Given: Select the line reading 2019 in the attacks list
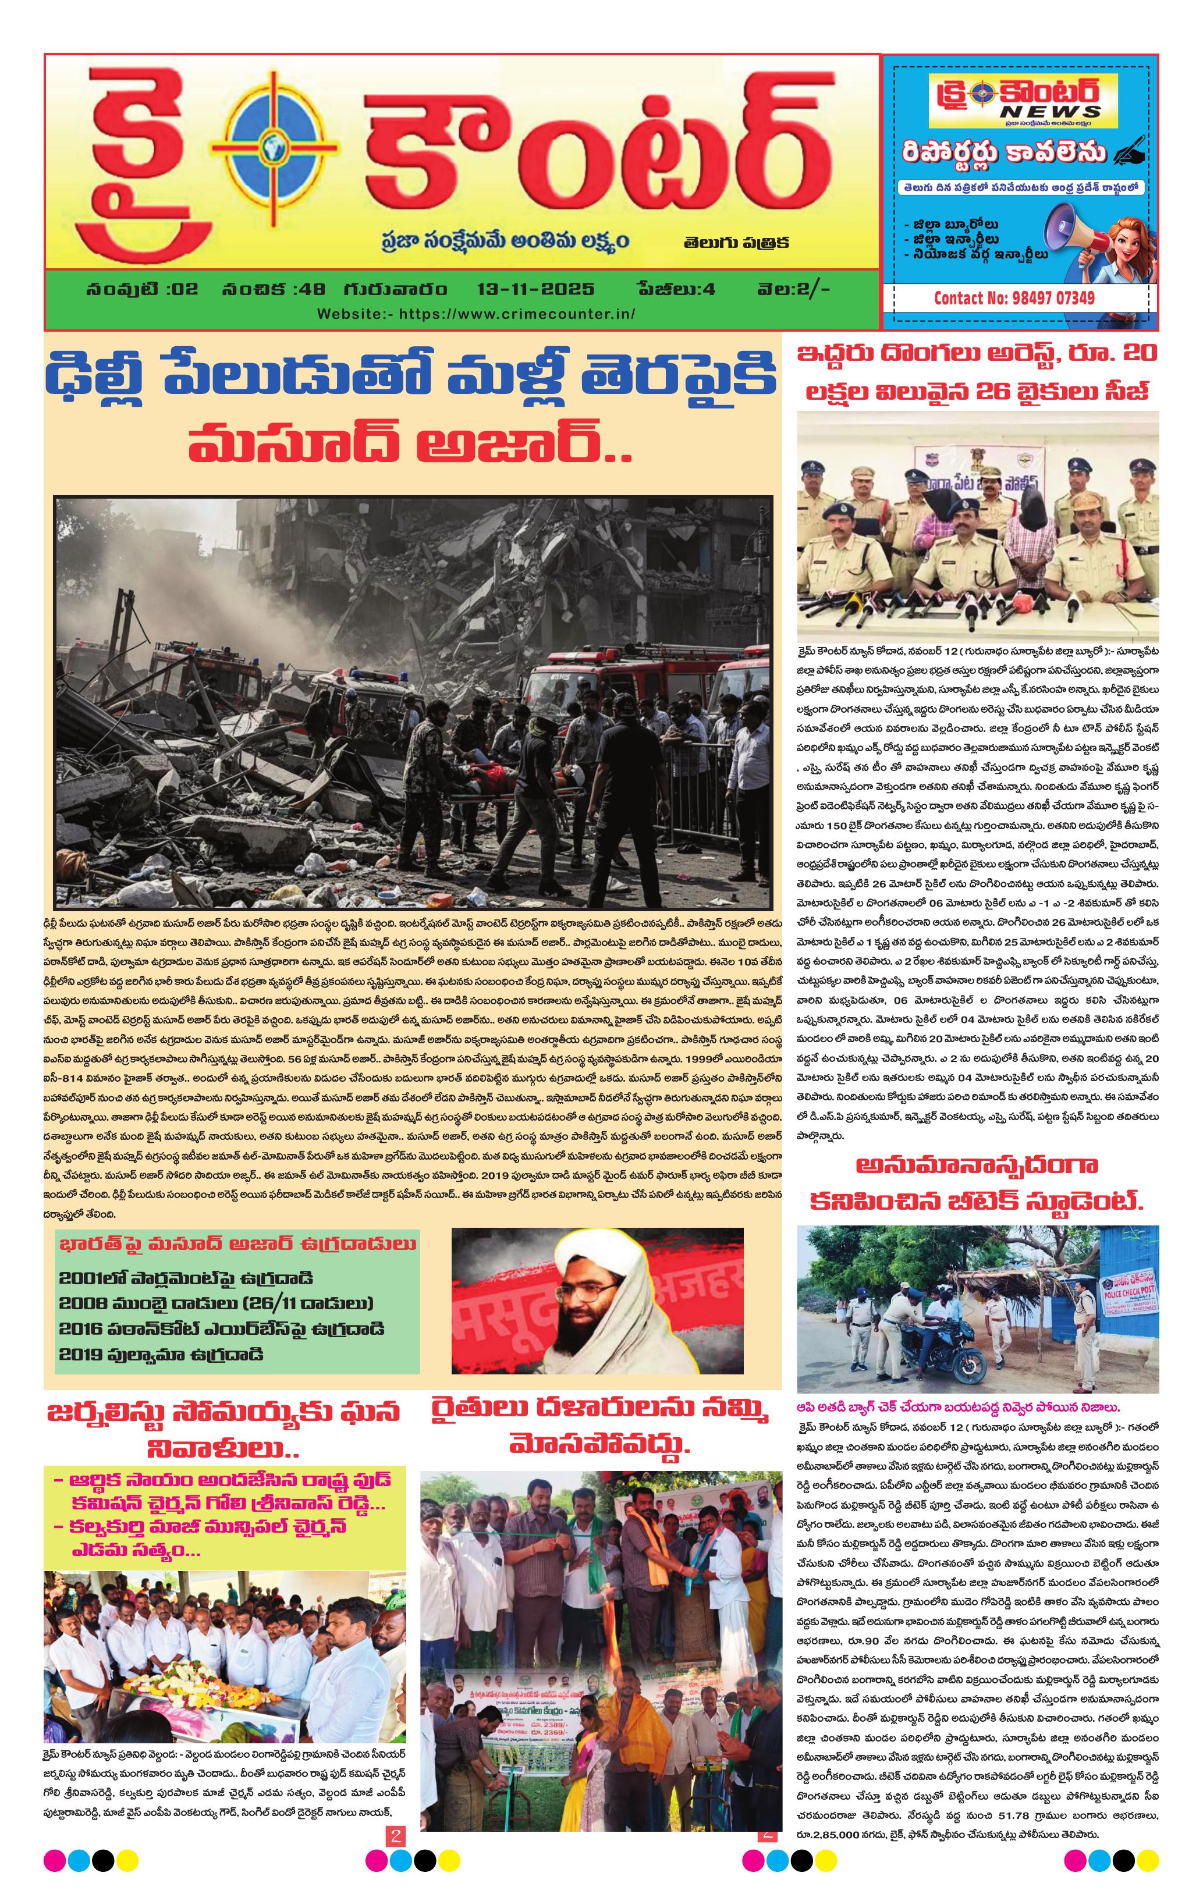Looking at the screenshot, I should pos(161,1355).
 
